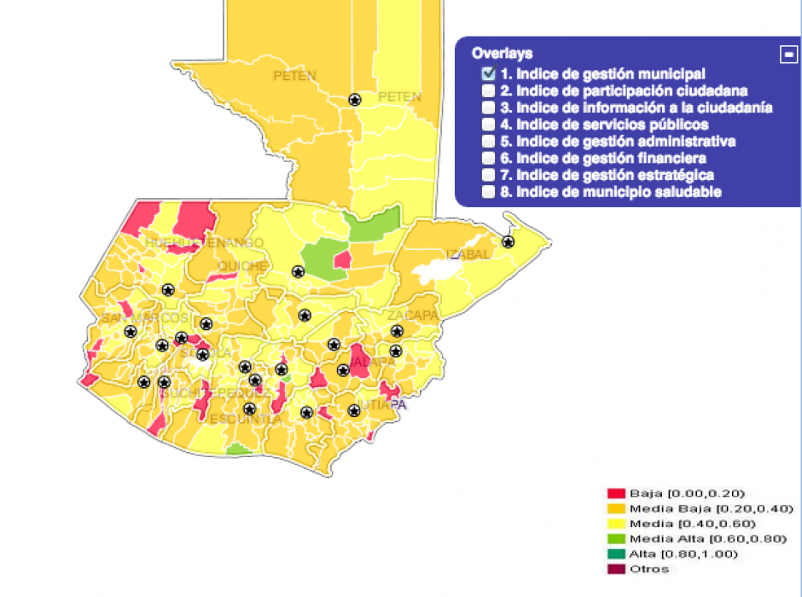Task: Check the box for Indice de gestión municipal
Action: tap(488, 74)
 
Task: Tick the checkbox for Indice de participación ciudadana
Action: tap(488, 90)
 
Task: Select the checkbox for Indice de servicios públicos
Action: tap(488, 125)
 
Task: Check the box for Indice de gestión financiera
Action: tap(488, 158)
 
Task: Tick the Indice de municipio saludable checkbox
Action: tap(488, 192)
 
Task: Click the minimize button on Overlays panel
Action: tap(788, 54)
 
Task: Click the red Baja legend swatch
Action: tap(616, 493)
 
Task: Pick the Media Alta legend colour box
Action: tap(616, 539)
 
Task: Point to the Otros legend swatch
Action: tap(616, 569)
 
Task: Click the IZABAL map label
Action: tap(468, 254)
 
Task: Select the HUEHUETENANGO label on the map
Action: tap(204, 243)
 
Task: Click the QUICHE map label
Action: tap(241, 265)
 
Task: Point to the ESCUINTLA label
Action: tap(245, 420)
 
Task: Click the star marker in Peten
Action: tap(355, 100)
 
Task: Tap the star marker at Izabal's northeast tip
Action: tap(508, 242)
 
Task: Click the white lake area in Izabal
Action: tap(436, 272)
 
